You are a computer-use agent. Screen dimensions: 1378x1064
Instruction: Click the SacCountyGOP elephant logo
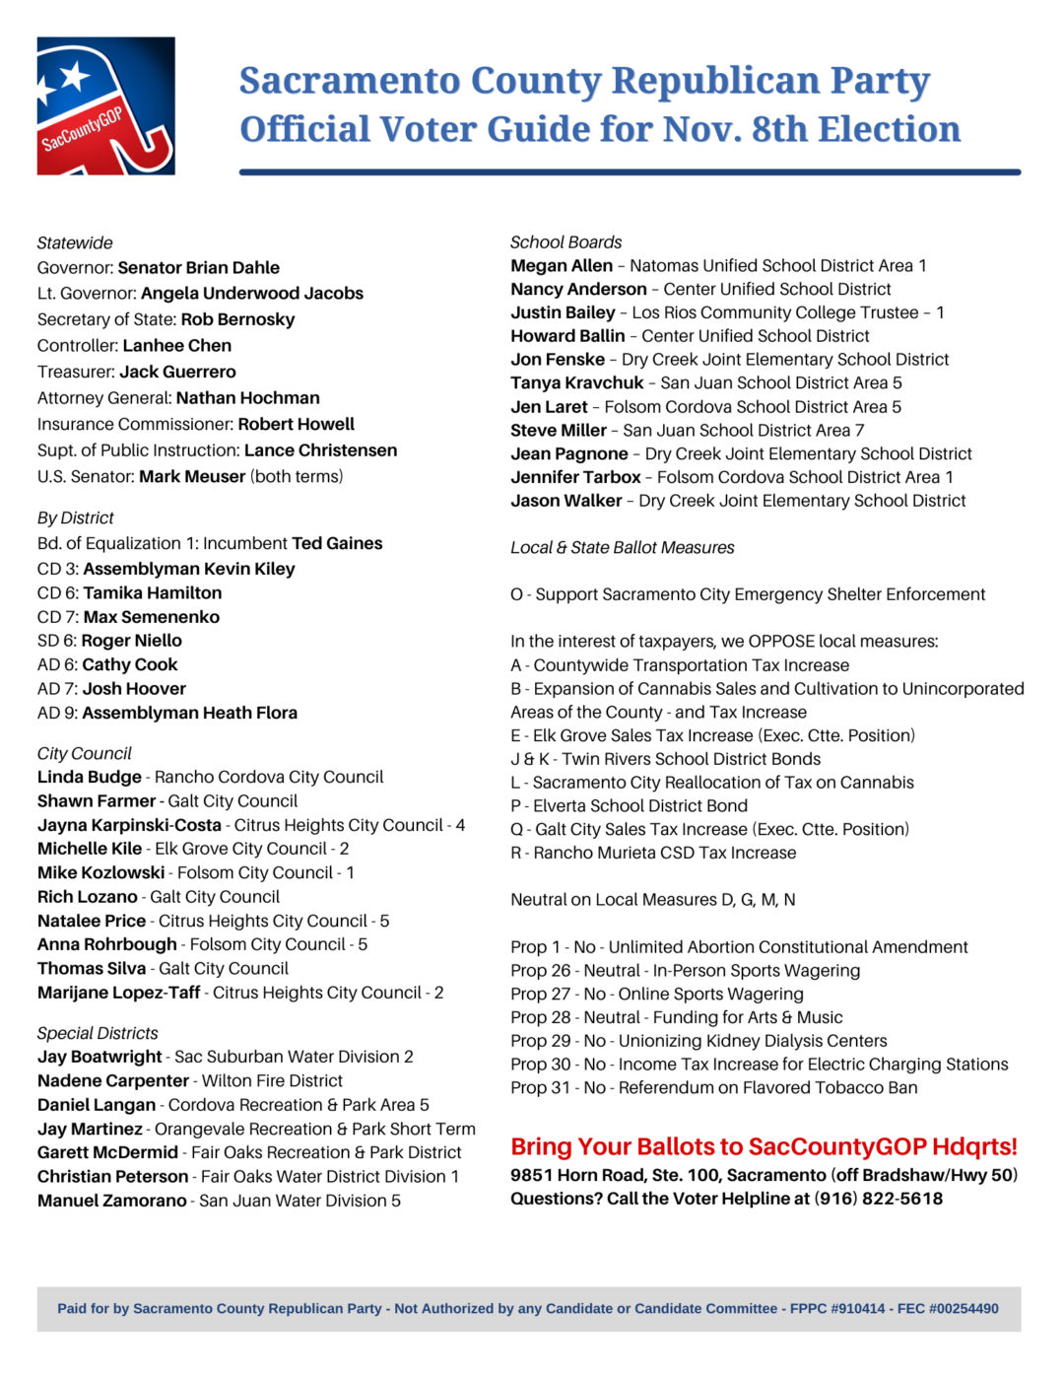pyautogui.click(x=105, y=106)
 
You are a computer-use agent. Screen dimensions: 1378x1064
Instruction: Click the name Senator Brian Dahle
pyautogui.click(x=198, y=268)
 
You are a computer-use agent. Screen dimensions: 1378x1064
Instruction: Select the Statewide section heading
pyautogui.click(x=75, y=243)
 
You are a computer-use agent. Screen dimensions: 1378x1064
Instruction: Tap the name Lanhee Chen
pyautogui.click(x=177, y=346)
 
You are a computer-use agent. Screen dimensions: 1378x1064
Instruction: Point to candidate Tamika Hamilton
pyautogui.click(x=153, y=593)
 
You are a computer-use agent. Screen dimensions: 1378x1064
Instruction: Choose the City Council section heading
pyautogui.click(x=85, y=754)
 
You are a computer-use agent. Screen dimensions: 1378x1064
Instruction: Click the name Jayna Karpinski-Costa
pyautogui.click(x=129, y=825)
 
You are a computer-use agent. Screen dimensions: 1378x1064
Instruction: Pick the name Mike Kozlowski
pyautogui.click(x=101, y=873)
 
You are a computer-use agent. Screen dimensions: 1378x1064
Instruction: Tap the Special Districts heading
pyautogui.click(x=98, y=1033)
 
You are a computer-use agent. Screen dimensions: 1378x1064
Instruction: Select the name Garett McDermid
pyautogui.click(x=108, y=1152)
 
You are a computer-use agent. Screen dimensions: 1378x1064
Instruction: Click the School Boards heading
pyautogui.click(x=566, y=242)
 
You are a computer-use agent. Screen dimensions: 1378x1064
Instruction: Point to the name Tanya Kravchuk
pyautogui.click(x=577, y=383)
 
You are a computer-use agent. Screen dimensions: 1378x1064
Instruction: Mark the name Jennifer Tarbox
pyautogui.click(x=576, y=477)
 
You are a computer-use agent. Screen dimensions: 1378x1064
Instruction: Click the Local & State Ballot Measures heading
pyautogui.click(x=623, y=548)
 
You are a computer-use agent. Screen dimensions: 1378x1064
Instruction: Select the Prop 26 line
pyautogui.click(x=685, y=971)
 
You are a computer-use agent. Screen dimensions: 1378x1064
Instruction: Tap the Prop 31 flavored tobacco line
pyautogui.click(x=713, y=1088)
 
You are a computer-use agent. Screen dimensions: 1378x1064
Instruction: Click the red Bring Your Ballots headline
pyautogui.click(x=764, y=1147)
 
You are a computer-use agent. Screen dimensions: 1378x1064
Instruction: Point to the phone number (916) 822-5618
pyautogui.click(x=878, y=1200)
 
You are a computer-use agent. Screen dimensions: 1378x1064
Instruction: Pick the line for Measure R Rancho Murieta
pyautogui.click(x=653, y=854)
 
